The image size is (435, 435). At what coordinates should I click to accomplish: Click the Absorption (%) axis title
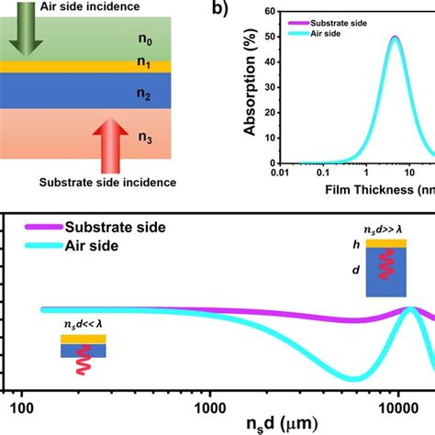pyautogui.click(x=249, y=87)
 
